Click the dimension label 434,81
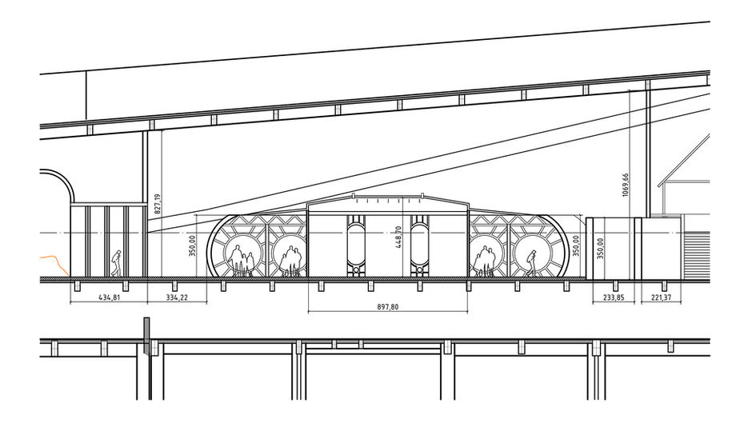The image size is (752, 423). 108,297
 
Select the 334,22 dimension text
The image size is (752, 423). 177,297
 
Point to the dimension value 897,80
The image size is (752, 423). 387,305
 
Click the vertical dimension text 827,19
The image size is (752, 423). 158,203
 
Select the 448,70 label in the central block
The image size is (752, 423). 398,237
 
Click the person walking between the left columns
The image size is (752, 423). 116,262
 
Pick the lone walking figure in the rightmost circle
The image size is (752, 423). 530,262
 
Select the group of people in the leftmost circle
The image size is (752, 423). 241,261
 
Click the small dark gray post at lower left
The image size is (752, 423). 146,335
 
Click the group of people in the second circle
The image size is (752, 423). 291,261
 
